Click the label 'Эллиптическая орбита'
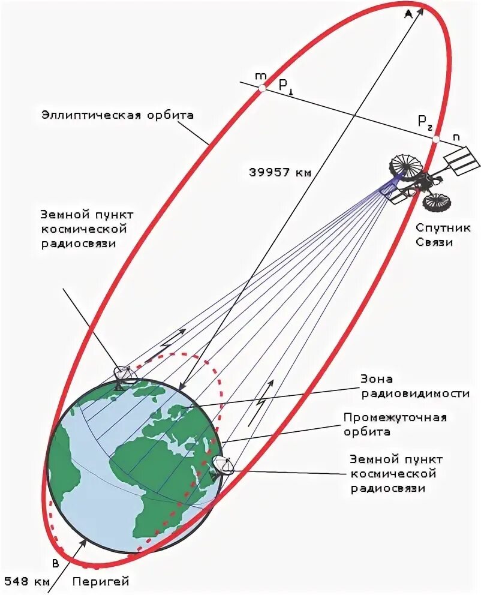(118, 115)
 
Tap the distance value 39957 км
(280, 172)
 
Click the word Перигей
(101, 581)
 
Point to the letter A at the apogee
(408, 14)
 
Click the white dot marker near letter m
(262, 88)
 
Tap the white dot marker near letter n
(436, 139)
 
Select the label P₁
(285, 86)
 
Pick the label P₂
(425, 121)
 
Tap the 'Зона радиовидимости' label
(414, 386)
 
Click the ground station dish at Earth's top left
(125, 375)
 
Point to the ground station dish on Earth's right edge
(223, 465)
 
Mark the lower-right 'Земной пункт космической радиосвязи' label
(396, 474)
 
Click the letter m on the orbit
(260, 76)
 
